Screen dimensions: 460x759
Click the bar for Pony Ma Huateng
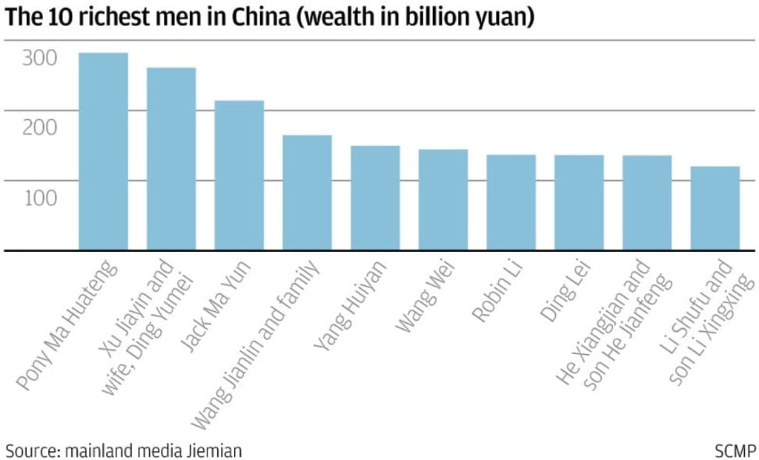pos(103,151)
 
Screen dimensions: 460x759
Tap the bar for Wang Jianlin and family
pos(307,193)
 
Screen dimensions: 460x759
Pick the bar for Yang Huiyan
pos(375,198)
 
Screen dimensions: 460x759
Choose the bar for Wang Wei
pos(443,199)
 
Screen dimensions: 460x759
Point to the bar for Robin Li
pos(511,202)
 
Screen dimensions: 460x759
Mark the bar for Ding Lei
pos(579,202)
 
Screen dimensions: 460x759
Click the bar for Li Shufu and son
pos(715,208)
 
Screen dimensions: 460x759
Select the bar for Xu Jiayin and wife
pos(171,159)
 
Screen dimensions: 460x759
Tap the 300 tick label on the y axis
pos(39,58)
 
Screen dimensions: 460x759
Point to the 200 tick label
pos(39,127)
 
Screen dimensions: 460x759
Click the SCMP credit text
pos(735,450)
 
